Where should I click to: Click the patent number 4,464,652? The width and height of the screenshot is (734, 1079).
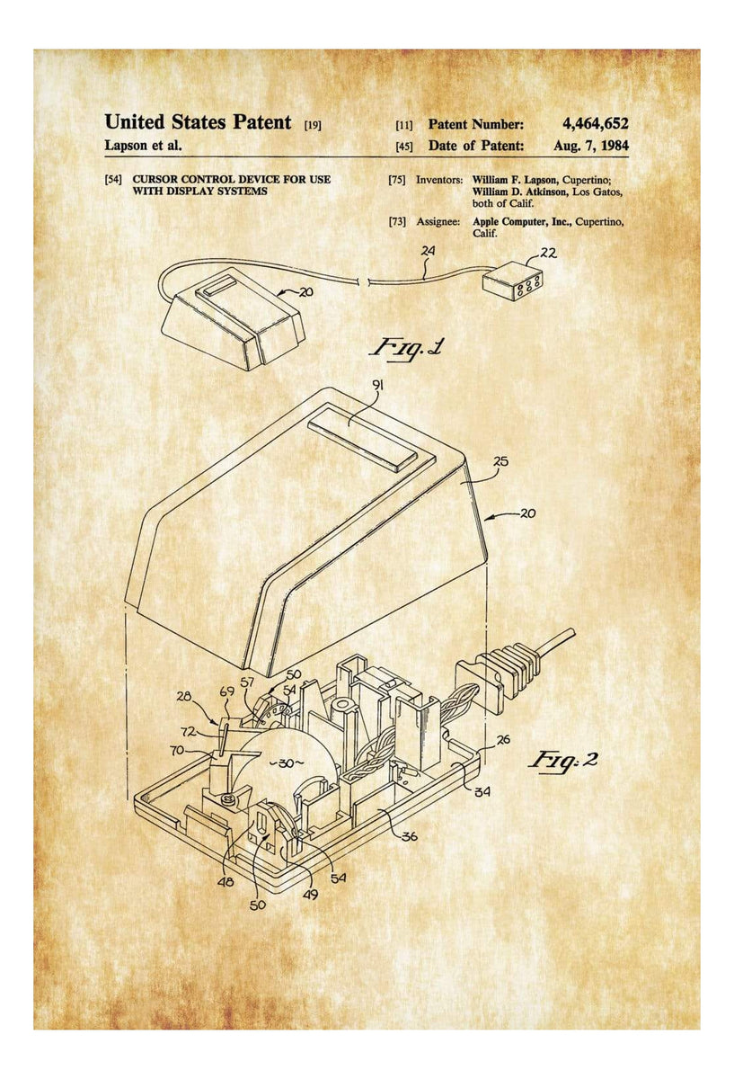(x=595, y=124)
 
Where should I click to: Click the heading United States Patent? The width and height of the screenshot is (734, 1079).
(x=198, y=122)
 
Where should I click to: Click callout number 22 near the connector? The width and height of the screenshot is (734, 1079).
(x=548, y=254)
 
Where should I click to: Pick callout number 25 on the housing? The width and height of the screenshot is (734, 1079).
(x=500, y=462)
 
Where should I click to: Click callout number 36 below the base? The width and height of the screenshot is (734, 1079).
(x=410, y=835)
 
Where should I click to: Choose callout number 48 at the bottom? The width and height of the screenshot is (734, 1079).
(x=226, y=882)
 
